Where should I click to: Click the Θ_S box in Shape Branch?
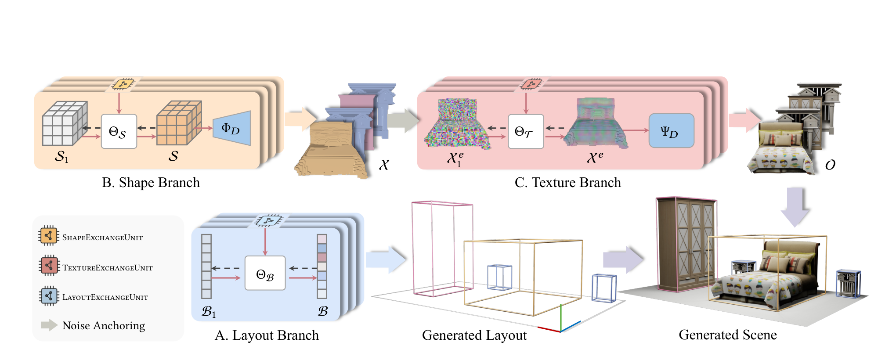[x=119, y=131]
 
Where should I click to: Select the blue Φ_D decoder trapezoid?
[x=232, y=128]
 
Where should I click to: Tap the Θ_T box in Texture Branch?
[x=526, y=131]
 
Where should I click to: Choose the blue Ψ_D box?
[x=671, y=131]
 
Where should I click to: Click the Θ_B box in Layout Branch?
[x=265, y=273]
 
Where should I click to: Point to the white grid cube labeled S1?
[x=64, y=124]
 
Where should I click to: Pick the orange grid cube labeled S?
[x=178, y=123]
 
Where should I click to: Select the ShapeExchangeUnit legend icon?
[x=48, y=236]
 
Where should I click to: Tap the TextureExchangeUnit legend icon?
[x=49, y=265]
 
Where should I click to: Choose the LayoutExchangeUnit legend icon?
[x=49, y=295]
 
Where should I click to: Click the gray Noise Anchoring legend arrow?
[x=49, y=325]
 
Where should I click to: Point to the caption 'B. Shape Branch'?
[x=151, y=183]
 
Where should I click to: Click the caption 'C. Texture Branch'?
[x=567, y=183]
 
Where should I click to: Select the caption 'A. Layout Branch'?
[x=267, y=335]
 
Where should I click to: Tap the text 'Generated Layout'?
[x=474, y=335]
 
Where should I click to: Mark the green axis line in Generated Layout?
[x=560, y=317]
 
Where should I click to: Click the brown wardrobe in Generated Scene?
[x=685, y=244]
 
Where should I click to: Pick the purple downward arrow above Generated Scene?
[x=795, y=206]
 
